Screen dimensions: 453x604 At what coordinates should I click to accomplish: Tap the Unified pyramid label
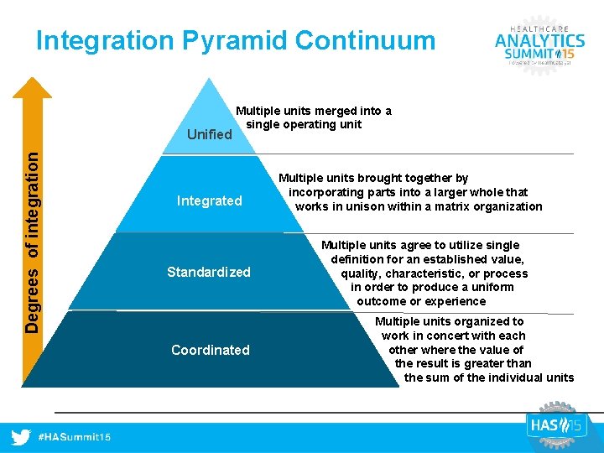pyautogui.click(x=209, y=134)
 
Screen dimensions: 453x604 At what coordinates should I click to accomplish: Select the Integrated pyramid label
pyautogui.click(x=209, y=200)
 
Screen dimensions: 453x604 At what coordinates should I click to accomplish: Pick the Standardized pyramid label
pyautogui.click(x=209, y=272)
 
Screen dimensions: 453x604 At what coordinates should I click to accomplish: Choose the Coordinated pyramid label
pyautogui.click(x=210, y=350)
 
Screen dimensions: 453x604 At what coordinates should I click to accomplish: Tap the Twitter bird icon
pyautogui.click(x=22, y=437)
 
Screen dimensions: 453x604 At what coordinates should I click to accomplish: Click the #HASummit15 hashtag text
pyautogui.click(x=75, y=438)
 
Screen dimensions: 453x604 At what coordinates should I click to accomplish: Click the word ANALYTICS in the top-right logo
pyautogui.click(x=539, y=40)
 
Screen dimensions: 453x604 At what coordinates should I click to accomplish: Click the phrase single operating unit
pyautogui.click(x=304, y=124)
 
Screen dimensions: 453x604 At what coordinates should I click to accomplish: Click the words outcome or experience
pyautogui.click(x=421, y=301)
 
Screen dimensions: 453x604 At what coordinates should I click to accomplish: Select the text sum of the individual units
pyautogui.click(x=489, y=377)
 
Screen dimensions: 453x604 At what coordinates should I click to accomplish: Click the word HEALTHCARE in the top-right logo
pyautogui.click(x=539, y=25)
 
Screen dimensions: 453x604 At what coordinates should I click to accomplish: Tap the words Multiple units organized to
pyautogui.click(x=449, y=321)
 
